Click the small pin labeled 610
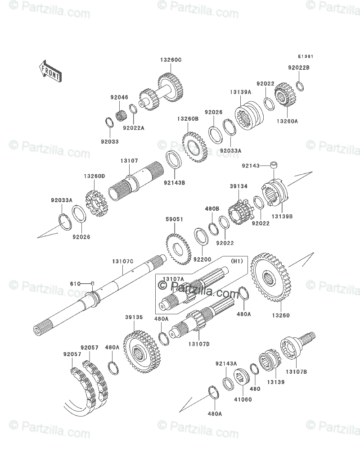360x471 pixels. point(92,283)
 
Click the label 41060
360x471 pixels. point(241,399)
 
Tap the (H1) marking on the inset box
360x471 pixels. point(237,261)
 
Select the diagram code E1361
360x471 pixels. point(305,57)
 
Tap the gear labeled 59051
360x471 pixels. point(176,247)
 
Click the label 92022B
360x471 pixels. point(299,68)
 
